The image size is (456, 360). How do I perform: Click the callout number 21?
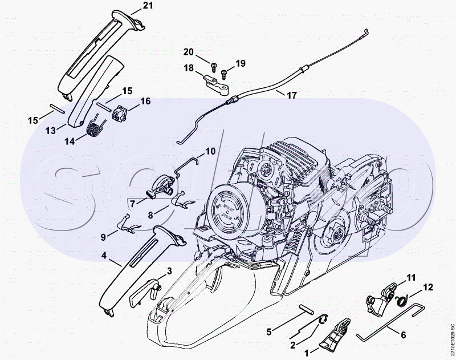coord(147,5)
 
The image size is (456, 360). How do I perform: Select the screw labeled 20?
coord(214,67)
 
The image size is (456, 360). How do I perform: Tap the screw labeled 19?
coord(224,74)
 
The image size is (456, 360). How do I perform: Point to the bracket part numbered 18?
coord(217,85)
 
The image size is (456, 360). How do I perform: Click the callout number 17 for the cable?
coord(292,95)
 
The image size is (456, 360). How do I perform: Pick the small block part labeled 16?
coord(120,113)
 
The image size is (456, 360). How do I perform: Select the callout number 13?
coord(51,131)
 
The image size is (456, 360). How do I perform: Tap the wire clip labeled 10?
coord(186,165)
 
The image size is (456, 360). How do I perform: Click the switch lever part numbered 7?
coord(160,188)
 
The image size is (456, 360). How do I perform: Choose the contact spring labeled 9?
coord(129,224)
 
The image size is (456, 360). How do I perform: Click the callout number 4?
coord(104,256)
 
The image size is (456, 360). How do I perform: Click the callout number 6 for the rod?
coord(404,335)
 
